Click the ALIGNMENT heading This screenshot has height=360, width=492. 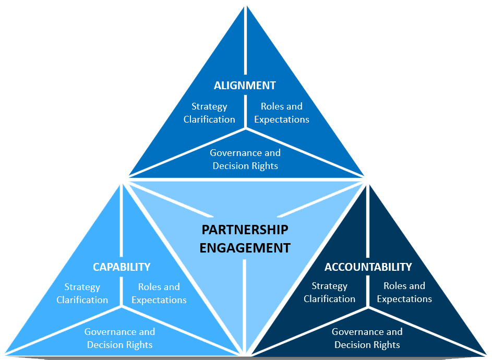coord(245,86)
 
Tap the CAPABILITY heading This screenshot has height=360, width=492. coord(122,267)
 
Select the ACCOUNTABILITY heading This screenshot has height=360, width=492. coord(368,267)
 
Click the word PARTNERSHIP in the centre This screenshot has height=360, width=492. coord(245,230)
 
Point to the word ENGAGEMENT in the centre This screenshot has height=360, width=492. coord(245,248)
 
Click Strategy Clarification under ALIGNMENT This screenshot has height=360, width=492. coord(209,113)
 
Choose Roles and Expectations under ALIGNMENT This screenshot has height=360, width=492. coord(282,113)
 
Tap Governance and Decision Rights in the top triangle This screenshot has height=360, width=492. coord(245,159)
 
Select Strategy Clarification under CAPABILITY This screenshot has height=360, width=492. coord(82,293)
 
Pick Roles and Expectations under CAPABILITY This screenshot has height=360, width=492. coord(159,293)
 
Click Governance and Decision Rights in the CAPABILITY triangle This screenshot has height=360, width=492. coord(120,338)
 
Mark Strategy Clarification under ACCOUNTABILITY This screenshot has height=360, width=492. coord(329,293)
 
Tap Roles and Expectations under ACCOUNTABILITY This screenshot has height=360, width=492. coord(404,293)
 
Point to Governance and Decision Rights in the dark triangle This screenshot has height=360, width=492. coord(367,338)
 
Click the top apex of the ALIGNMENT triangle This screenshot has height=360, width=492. coord(246,6)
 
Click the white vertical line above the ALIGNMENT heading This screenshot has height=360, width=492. coord(246,40)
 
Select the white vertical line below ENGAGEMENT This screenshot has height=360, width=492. coord(244,307)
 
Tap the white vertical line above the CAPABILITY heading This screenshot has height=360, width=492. coord(122,220)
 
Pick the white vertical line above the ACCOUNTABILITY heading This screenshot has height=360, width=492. coord(368,221)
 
